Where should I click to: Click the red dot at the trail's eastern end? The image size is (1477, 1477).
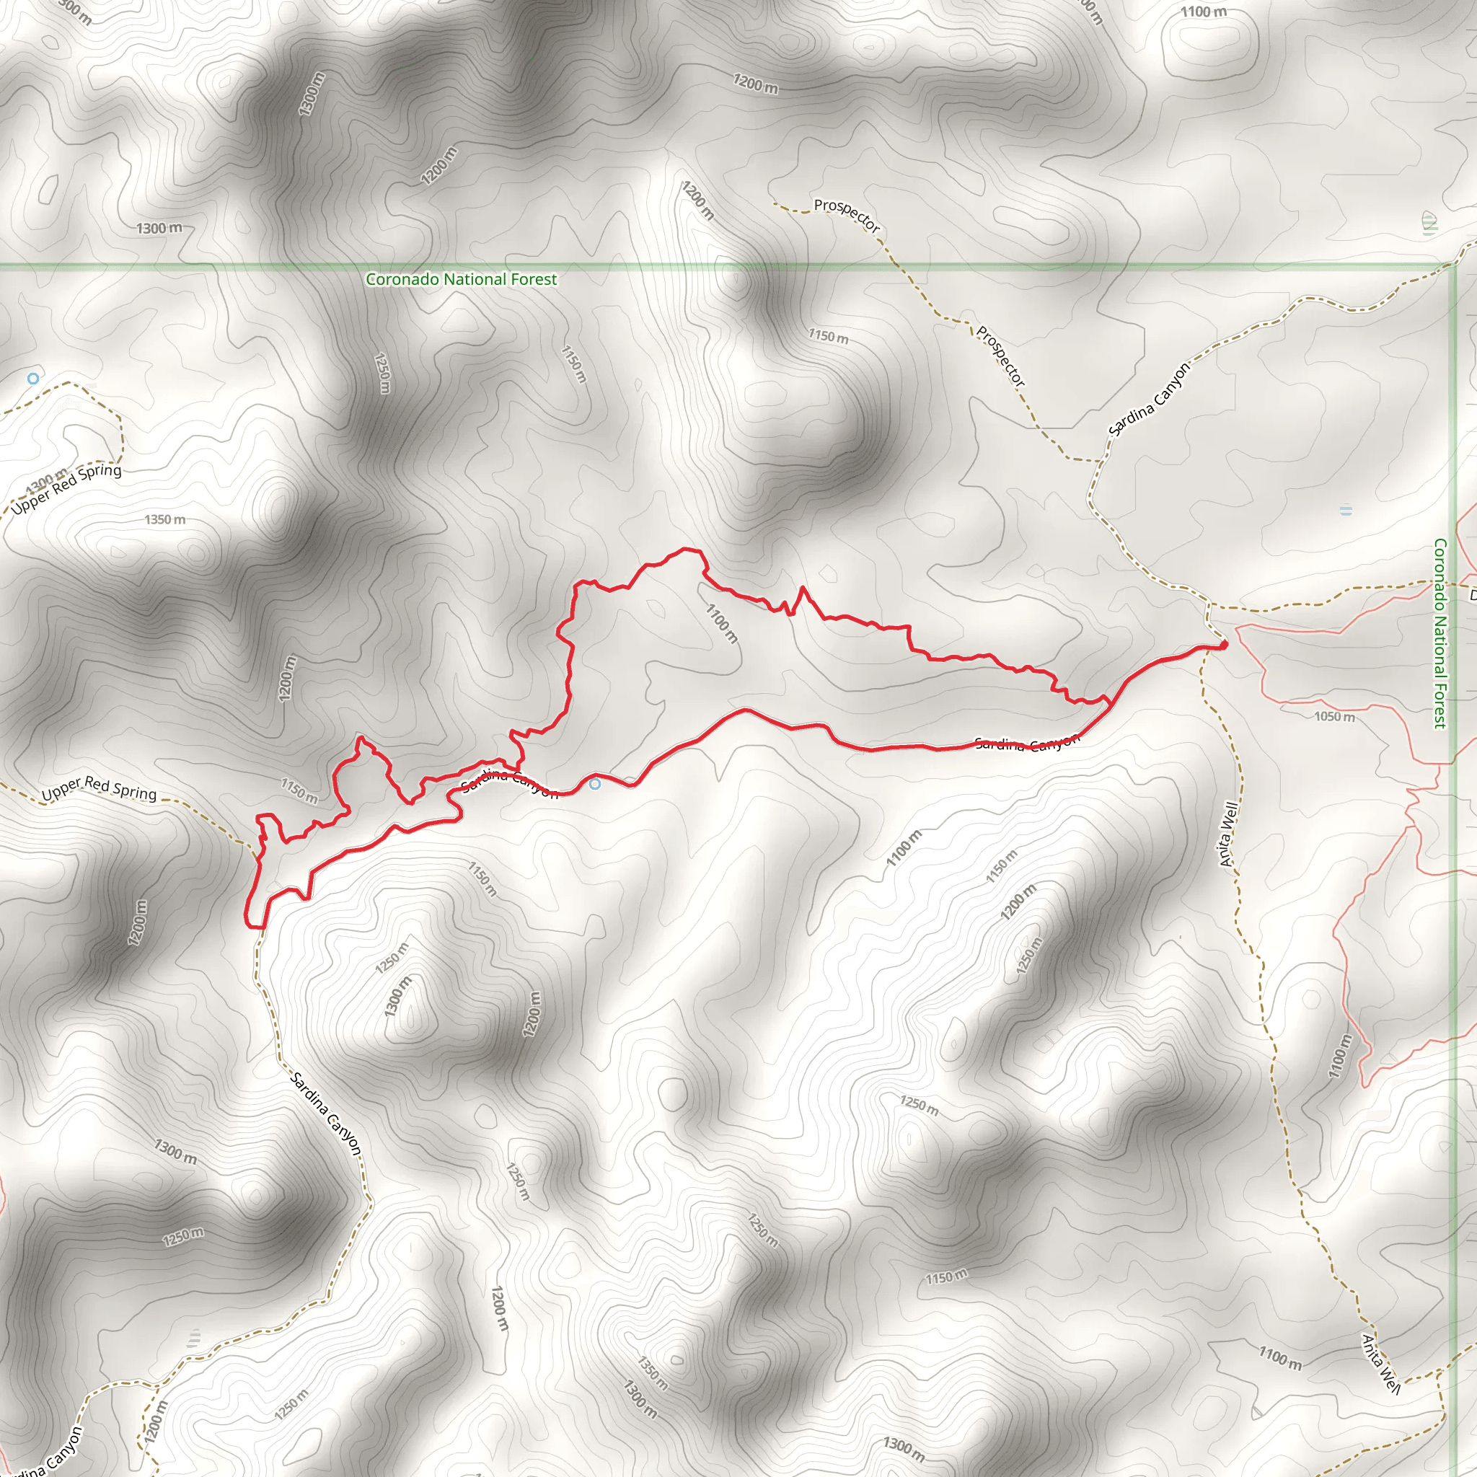click(1224, 645)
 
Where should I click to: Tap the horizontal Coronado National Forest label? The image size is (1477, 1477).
click(461, 280)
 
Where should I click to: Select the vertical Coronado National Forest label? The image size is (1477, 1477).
click(1439, 633)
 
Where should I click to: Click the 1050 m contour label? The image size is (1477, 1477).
click(1334, 716)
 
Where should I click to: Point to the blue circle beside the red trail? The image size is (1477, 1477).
click(595, 784)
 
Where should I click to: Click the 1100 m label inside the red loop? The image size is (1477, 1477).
click(722, 623)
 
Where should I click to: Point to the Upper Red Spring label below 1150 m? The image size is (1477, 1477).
click(100, 790)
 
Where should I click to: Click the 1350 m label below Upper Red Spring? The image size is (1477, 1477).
click(165, 520)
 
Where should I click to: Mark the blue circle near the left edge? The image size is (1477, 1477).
click(33, 379)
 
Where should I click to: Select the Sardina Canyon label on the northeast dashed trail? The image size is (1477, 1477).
click(1149, 399)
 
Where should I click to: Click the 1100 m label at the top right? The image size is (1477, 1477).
click(1204, 12)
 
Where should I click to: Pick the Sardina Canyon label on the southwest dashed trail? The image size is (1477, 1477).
click(326, 1112)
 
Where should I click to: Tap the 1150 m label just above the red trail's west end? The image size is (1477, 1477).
click(299, 790)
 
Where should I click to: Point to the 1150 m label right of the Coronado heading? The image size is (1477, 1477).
click(828, 335)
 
